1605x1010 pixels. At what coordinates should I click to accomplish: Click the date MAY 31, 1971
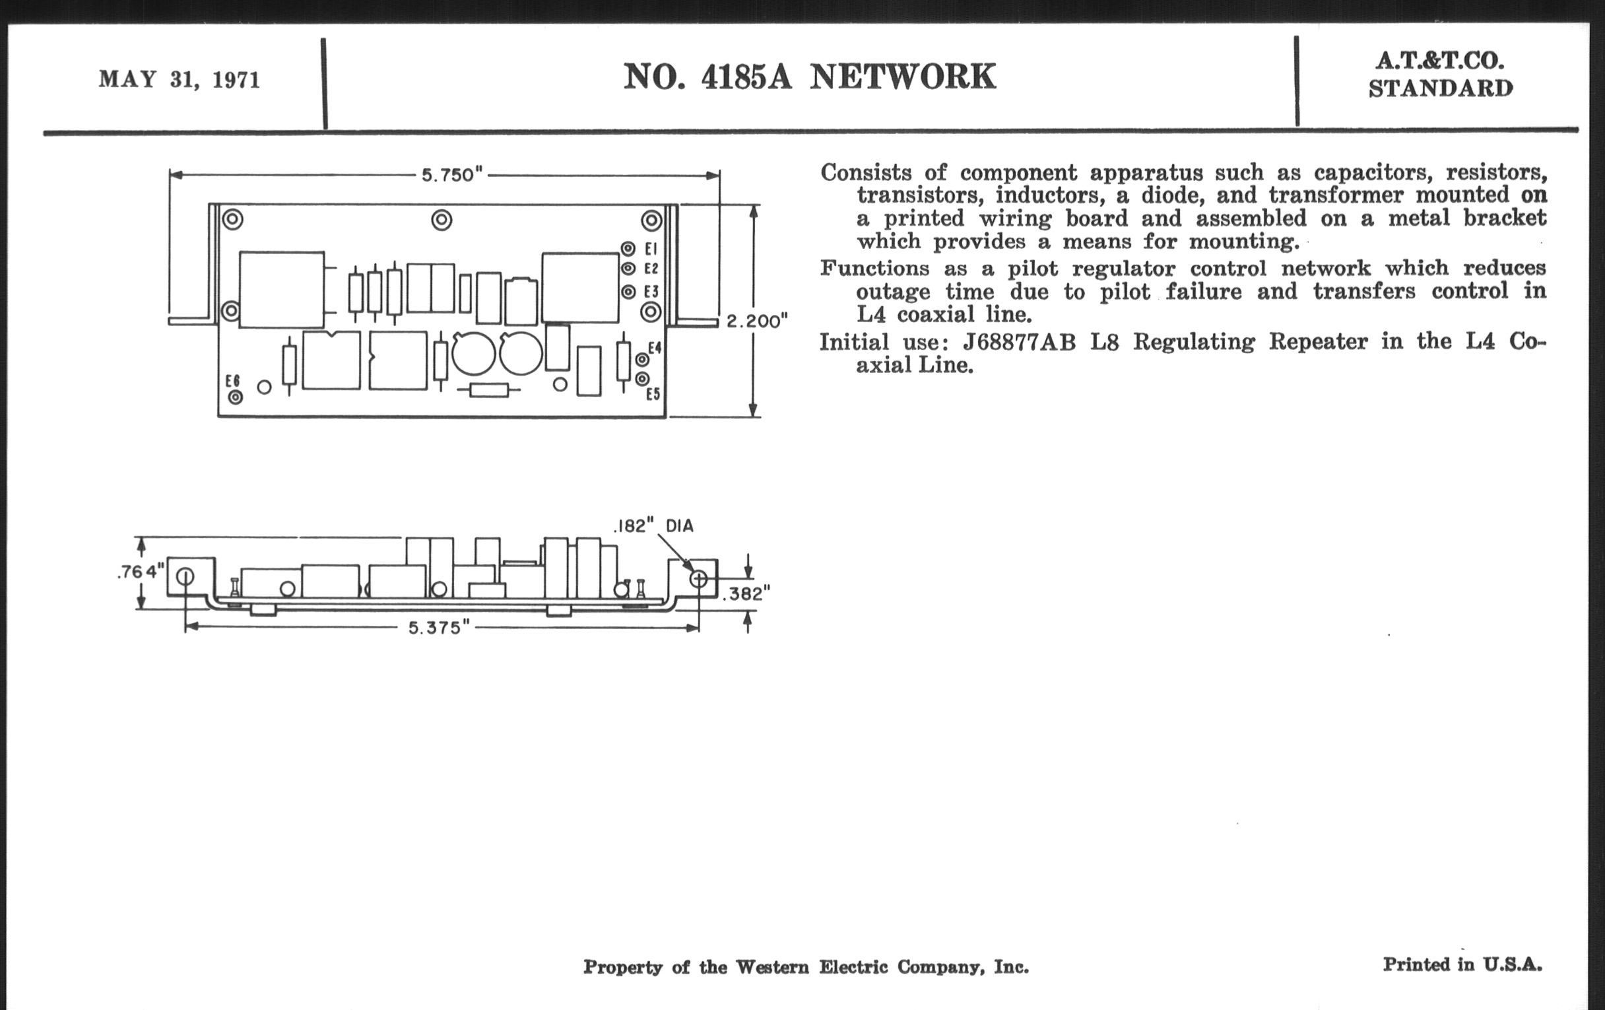pyautogui.click(x=180, y=80)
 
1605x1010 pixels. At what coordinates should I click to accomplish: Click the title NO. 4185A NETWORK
pyautogui.click(x=809, y=77)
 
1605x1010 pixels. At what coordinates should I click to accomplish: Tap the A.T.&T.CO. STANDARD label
pyautogui.click(x=1441, y=75)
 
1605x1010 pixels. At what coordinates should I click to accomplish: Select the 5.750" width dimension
pyautogui.click(x=451, y=175)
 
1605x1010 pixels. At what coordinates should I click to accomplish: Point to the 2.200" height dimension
pyautogui.click(x=756, y=321)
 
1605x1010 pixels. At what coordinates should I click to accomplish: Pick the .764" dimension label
pyautogui.click(x=140, y=572)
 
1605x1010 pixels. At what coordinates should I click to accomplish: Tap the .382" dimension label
pyautogui.click(x=746, y=593)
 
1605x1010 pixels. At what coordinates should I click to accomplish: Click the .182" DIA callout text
pyautogui.click(x=653, y=526)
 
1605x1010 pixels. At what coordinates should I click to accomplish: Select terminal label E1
pyautogui.click(x=651, y=249)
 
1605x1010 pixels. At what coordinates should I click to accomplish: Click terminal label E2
pyautogui.click(x=651, y=269)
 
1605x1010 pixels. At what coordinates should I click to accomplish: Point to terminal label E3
pyautogui.click(x=651, y=292)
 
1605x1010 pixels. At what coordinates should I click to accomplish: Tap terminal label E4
pyautogui.click(x=655, y=347)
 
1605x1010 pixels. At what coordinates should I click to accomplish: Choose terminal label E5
pyautogui.click(x=653, y=394)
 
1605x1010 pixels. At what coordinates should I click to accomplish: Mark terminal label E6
pyautogui.click(x=232, y=381)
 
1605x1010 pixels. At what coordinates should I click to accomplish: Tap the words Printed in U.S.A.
pyautogui.click(x=1462, y=964)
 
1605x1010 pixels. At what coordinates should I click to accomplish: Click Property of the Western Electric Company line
pyautogui.click(x=805, y=966)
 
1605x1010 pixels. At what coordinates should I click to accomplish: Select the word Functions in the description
pyautogui.click(x=874, y=268)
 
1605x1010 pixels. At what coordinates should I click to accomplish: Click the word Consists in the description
pyautogui.click(x=866, y=173)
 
